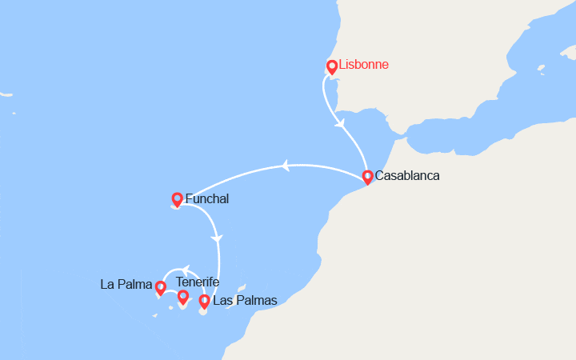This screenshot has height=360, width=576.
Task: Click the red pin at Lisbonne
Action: point(331,67)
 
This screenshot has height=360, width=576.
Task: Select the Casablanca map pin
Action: point(367,177)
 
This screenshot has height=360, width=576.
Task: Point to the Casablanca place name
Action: point(407,176)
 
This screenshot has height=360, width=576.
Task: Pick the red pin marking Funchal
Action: point(177,199)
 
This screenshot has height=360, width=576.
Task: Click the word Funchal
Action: point(207,198)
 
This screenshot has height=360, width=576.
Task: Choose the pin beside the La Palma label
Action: point(160,287)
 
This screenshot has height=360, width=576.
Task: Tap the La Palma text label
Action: point(125,283)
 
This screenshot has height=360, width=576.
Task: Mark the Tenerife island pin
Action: point(182,297)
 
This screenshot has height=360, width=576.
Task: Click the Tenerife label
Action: point(198,282)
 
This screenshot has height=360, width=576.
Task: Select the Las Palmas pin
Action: point(204,301)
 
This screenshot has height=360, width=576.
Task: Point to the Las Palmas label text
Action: point(245,301)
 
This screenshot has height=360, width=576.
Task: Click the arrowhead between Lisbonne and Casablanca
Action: point(342,124)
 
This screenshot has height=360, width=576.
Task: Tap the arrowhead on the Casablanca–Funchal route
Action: point(283,166)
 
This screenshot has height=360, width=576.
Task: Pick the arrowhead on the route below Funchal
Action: point(216,238)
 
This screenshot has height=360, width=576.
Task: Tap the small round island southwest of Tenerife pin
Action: point(171,308)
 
